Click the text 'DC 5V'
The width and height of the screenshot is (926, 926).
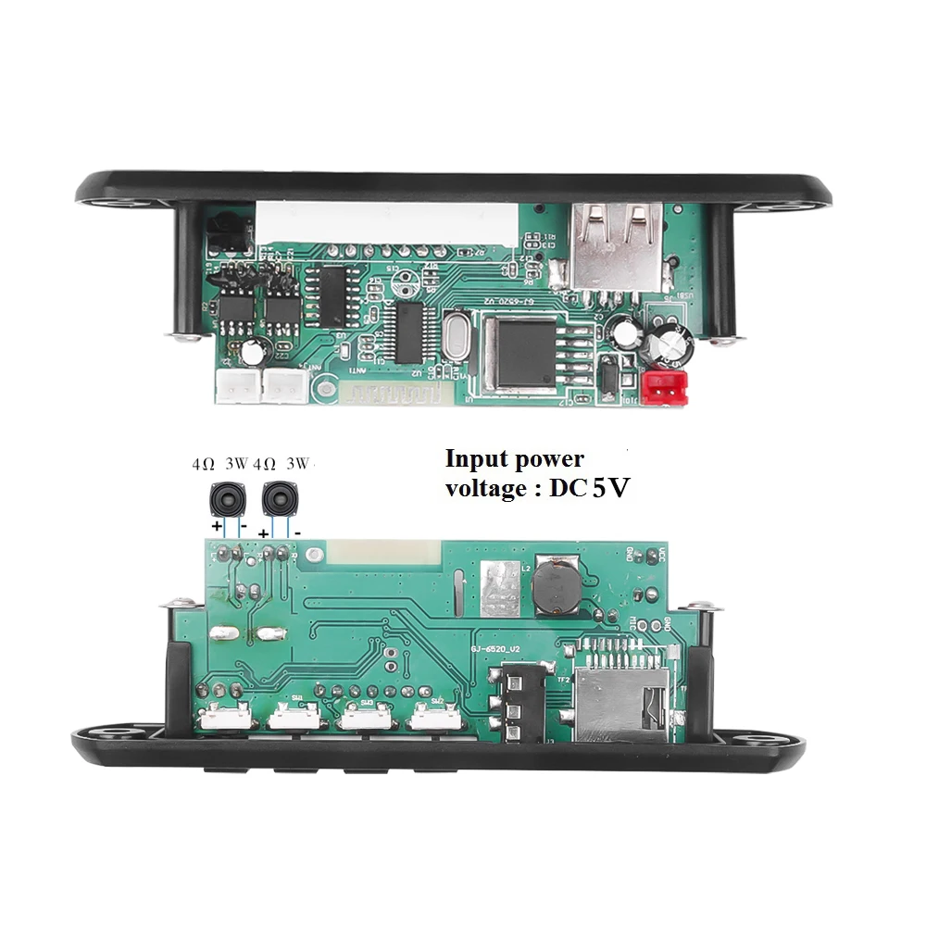click(x=587, y=488)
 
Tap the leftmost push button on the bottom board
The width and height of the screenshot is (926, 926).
click(x=224, y=716)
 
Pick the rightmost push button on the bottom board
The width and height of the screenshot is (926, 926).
click(x=436, y=716)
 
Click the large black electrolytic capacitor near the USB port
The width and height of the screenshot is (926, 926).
click(x=669, y=342)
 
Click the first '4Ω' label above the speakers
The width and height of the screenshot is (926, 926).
click(x=204, y=462)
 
